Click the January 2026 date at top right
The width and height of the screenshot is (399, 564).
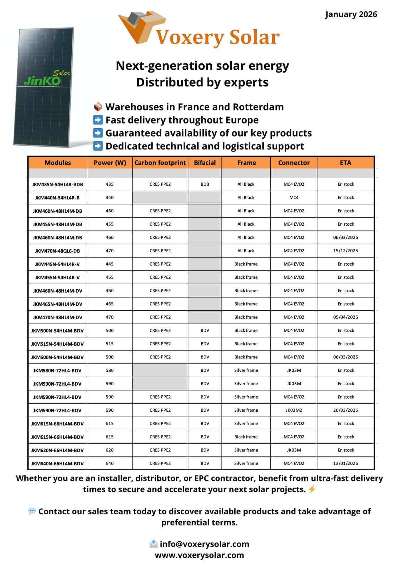351,14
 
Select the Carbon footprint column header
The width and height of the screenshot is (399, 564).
160,163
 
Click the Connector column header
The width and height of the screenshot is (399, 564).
294,163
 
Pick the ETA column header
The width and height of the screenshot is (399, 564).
345,163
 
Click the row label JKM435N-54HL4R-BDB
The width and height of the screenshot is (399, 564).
58,184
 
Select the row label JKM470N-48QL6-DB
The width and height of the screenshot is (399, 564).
58,251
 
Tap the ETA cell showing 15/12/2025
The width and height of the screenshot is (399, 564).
345,251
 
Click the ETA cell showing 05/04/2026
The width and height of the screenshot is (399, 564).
345,317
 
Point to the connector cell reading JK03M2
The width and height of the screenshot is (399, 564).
294,410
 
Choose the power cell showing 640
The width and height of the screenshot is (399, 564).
110,464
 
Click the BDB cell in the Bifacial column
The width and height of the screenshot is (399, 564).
205,184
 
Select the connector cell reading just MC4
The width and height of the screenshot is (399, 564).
294,198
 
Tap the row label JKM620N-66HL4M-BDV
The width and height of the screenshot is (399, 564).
58,450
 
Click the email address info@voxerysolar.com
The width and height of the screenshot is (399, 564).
204,544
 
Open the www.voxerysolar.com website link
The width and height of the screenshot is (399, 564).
199,555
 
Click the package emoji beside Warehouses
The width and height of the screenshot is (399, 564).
98,107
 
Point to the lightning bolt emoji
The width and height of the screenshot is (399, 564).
312,489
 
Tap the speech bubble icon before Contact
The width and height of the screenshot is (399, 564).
32,511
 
